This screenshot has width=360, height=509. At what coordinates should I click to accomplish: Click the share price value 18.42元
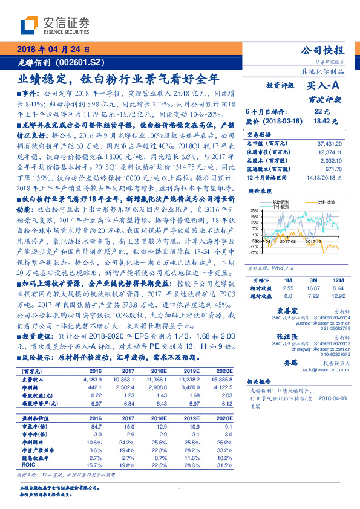(321, 121)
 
